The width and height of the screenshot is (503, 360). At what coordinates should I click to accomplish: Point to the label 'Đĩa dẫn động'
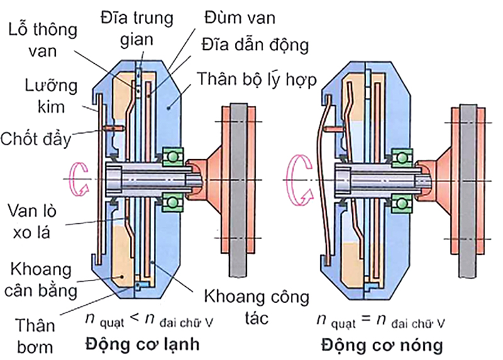255,45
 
